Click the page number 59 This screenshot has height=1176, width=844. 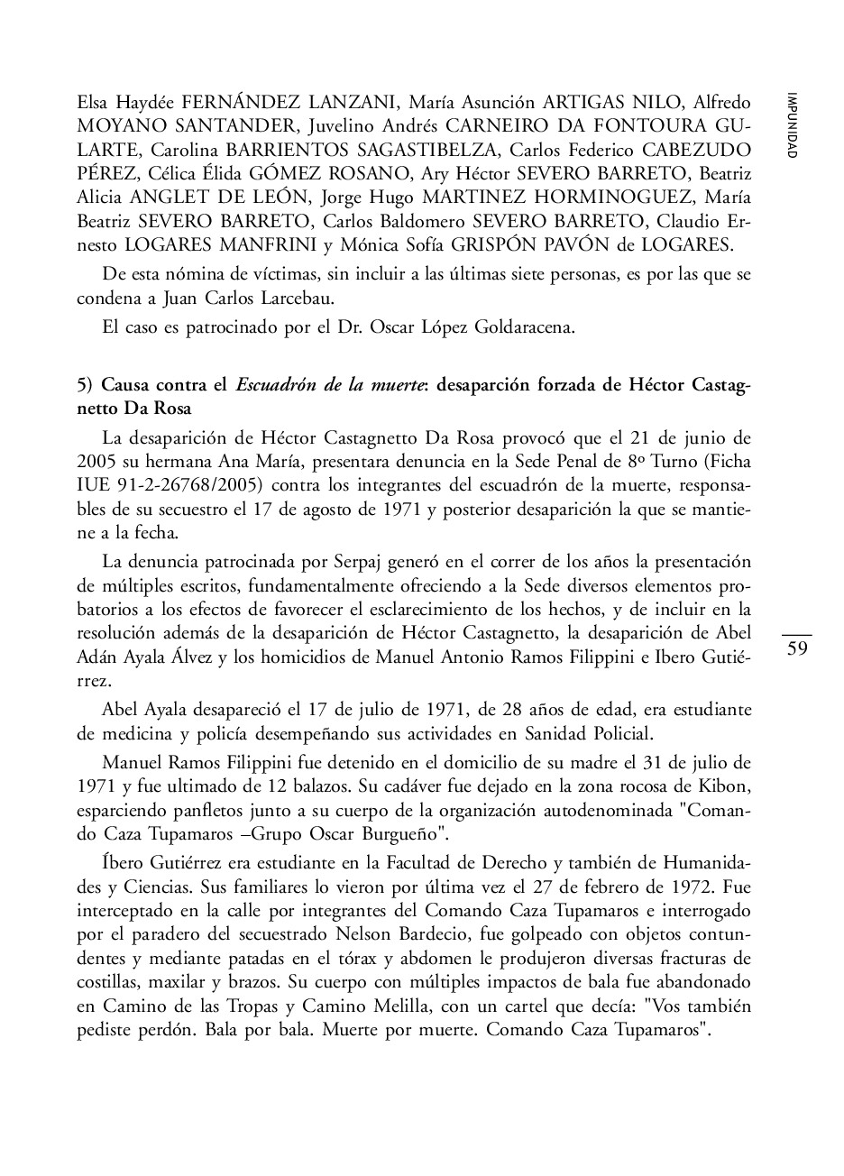[x=797, y=648]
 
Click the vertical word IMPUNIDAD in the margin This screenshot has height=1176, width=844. [x=791, y=125]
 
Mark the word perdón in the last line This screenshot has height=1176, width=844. [x=159, y=1027]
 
